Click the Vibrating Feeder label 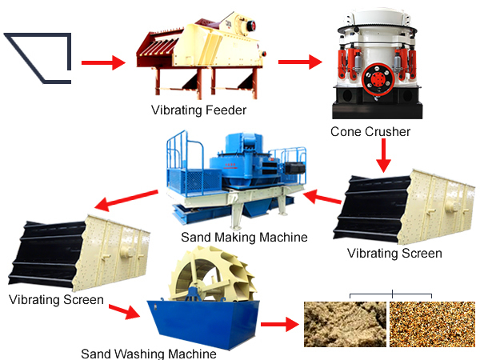198,110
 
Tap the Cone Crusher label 370,132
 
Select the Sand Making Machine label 244,238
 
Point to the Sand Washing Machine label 149,354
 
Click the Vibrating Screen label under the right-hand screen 394,254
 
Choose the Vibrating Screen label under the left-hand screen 56,300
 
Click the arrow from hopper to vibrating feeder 103,62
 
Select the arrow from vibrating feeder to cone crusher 300,62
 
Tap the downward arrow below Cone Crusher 383,155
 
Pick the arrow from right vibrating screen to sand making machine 322,197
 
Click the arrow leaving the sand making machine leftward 126,200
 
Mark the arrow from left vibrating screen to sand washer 125,311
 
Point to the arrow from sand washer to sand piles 280,324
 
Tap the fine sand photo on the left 345,324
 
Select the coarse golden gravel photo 432,324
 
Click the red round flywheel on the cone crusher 378,79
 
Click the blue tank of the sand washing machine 203,323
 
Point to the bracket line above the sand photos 391,294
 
